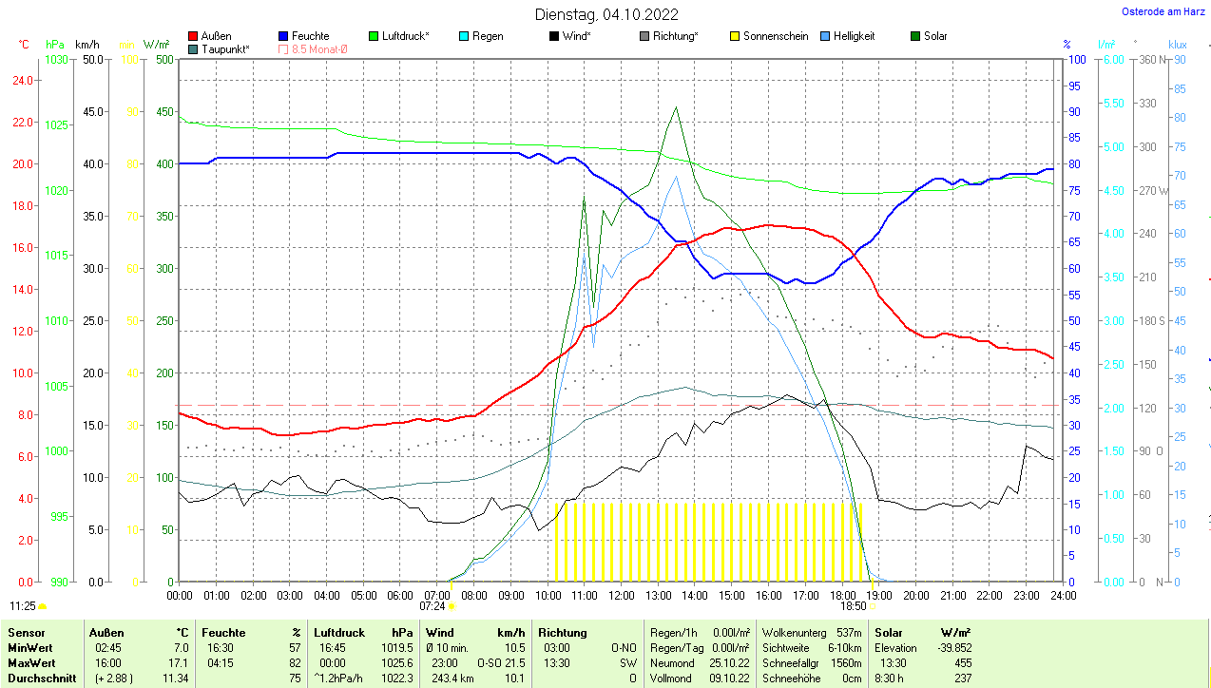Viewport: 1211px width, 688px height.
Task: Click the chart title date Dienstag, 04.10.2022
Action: click(606, 14)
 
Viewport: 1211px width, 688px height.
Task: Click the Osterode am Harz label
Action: click(1163, 12)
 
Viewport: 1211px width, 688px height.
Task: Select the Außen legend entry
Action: click(216, 36)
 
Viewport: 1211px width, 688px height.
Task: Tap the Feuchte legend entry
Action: click(310, 36)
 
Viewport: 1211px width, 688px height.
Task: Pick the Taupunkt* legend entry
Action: click(225, 48)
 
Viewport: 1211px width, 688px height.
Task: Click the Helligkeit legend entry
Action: click(854, 36)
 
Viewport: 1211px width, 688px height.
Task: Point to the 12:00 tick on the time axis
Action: click(621, 596)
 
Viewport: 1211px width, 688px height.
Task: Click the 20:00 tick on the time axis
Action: click(915, 596)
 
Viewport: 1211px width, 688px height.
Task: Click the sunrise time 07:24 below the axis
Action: click(432, 605)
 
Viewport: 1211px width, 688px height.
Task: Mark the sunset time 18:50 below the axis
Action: click(853, 605)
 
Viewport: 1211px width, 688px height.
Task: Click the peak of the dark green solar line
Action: click(676, 107)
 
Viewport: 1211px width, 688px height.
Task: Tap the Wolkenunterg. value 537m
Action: click(848, 632)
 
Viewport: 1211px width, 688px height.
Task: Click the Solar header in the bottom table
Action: click(888, 632)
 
